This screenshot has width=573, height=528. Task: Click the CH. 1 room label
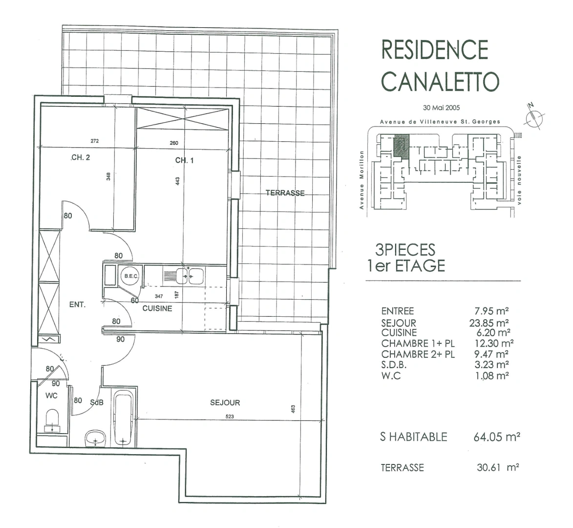pyautogui.click(x=184, y=160)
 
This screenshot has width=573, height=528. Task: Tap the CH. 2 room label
pyautogui.click(x=81, y=157)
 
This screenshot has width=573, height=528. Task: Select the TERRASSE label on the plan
pyautogui.click(x=285, y=193)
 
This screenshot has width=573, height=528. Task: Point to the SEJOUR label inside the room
pyautogui.click(x=225, y=402)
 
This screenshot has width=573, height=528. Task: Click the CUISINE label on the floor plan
pyautogui.click(x=157, y=308)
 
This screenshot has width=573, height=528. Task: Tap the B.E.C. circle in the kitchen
pyautogui.click(x=131, y=276)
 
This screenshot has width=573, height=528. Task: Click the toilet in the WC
pyautogui.click(x=53, y=420)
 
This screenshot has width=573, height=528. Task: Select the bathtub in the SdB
pyautogui.click(x=123, y=418)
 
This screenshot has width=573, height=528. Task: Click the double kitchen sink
pyautogui.click(x=190, y=276)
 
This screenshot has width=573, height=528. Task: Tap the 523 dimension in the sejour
pyautogui.click(x=230, y=417)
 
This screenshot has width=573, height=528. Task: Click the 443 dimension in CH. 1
pyautogui.click(x=178, y=181)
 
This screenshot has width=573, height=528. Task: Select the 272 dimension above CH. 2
pyautogui.click(x=94, y=141)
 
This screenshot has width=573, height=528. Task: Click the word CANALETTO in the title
pyautogui.click(x=440, y=81)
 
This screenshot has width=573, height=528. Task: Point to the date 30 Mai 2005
pyautogui.click(x=442, y=108)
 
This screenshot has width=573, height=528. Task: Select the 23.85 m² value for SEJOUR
pyautogui.click(x=489, y=323)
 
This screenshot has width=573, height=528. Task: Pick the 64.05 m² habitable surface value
pyautogui.click(x=497, y=437)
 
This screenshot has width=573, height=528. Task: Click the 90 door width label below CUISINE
pyautogui.click(x=120, y=339)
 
